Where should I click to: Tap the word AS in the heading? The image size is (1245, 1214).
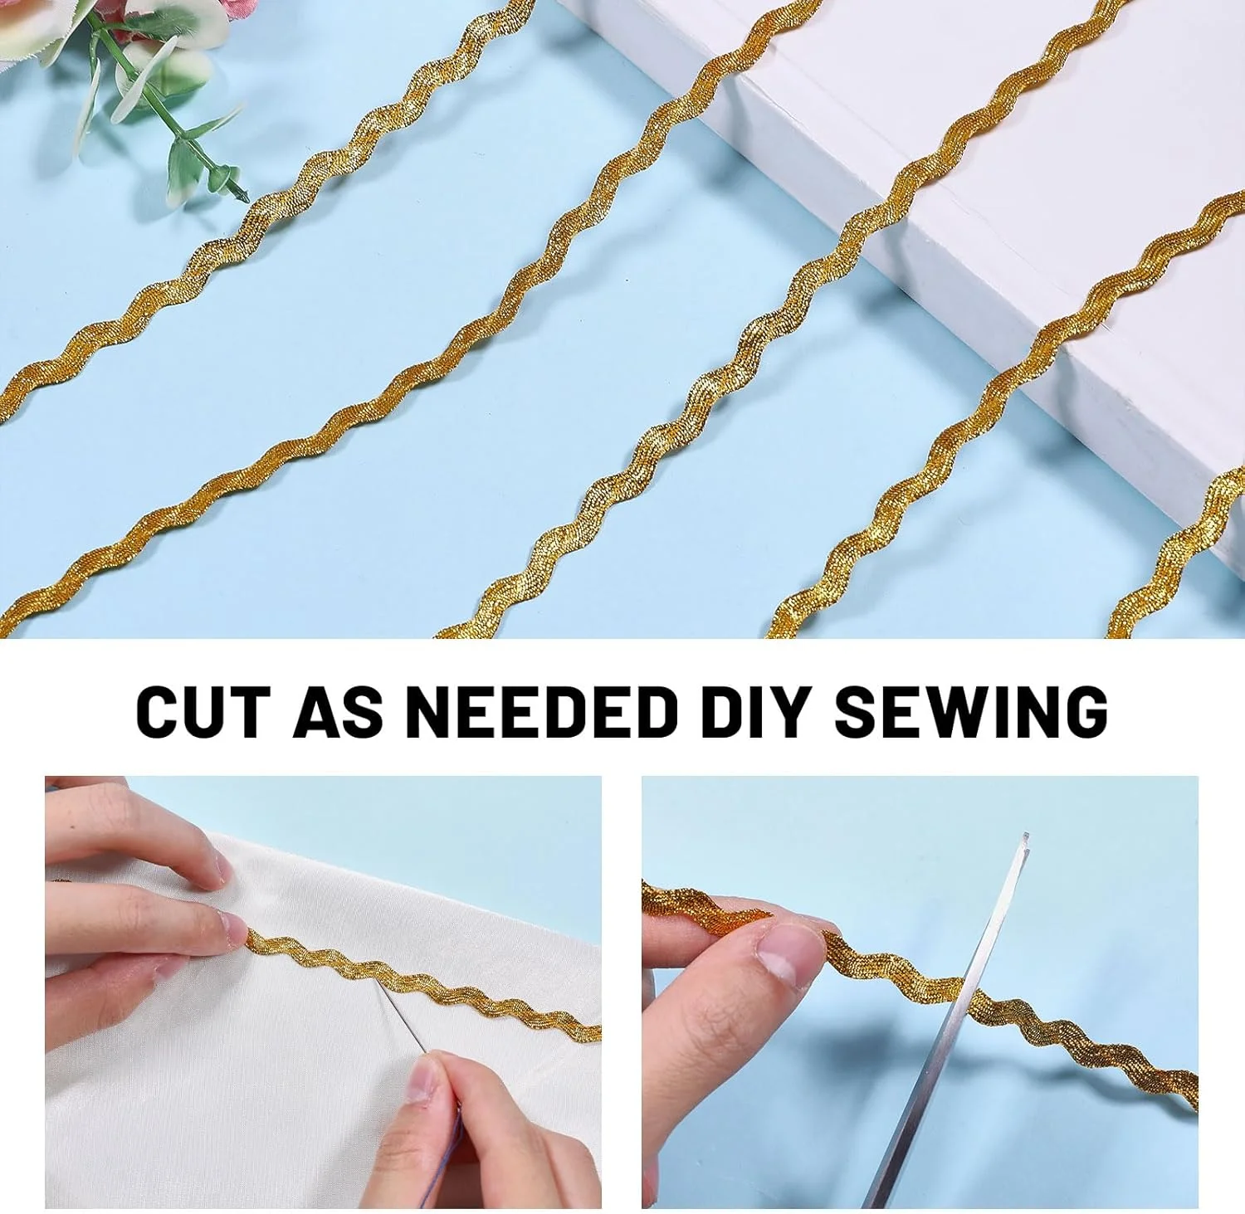(x=338, y=711)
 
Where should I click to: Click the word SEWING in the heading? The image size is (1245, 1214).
(x=971, y=711)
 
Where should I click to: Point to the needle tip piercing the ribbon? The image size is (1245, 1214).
(x=378, y=985)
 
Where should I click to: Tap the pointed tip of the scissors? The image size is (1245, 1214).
(x=1026, y=835)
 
